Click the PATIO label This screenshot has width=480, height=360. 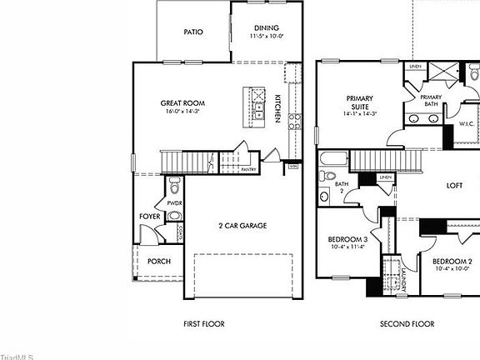(x=193, y=32)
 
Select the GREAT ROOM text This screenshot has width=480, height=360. (x=182, y=103)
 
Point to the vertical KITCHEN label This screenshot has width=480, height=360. (x=277, y=109)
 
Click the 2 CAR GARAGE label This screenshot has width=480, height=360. (x=242, y=225)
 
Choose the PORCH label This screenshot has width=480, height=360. (x=159, y=261)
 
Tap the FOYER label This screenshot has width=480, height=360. (x=150, y=217)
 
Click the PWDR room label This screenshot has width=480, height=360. (x=174, y=202)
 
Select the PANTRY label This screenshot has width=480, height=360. (x=247, y=169)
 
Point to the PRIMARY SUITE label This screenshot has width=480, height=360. (x=359, y=102)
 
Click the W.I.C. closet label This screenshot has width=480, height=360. (x=467, y=124)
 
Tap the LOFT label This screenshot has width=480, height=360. (x=454, y=186)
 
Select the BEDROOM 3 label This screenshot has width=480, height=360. (x=347, y=239)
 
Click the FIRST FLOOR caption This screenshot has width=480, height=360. (x=203, y=323)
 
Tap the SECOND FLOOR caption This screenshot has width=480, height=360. (x=407, y=323)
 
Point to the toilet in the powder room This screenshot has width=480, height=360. (x=173, y=184)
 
